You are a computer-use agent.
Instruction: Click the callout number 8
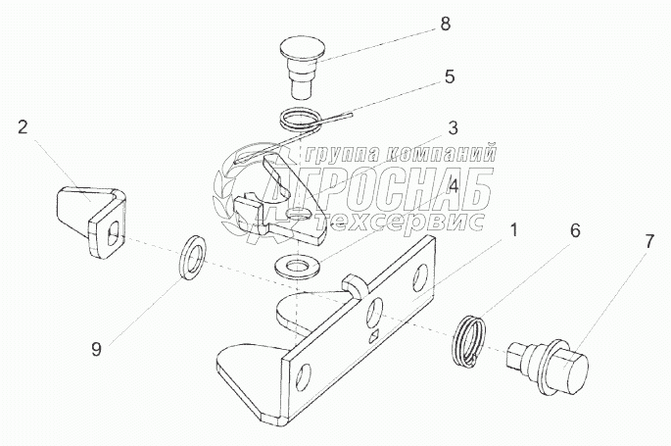[446, 24]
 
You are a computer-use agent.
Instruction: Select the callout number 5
[450, 77]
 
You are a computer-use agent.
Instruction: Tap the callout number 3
[453, 127]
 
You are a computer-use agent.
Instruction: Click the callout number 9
[97, 350]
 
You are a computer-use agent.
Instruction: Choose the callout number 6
[575, 231]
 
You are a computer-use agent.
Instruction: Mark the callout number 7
[649, 242]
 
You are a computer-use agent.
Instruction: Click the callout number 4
[454, 186]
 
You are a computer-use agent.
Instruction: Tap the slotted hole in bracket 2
[114, 231]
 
